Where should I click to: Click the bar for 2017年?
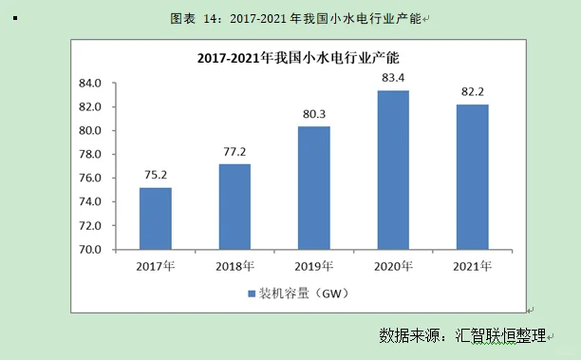[155, 218]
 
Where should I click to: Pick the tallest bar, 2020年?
[393, 170]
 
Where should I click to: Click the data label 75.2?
[155, 175]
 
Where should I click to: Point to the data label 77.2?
[234, 151]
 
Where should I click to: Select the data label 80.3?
[313, 114]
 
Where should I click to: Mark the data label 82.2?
[472, 91]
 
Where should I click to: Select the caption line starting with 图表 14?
[298, 18]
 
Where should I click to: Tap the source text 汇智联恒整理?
[501, 335]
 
